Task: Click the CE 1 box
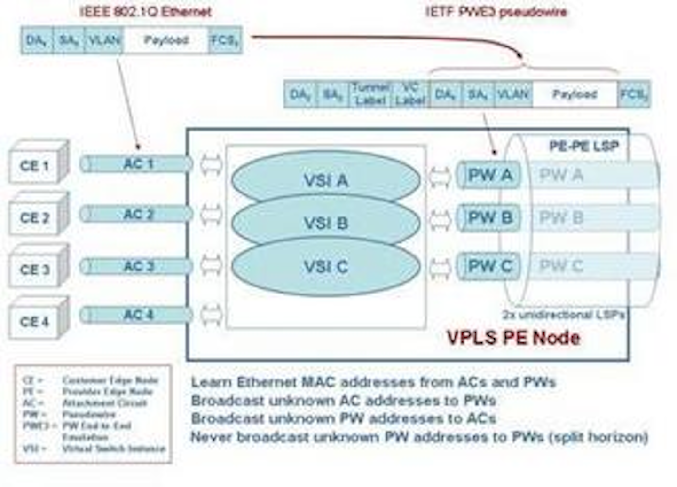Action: [x=35, y=165]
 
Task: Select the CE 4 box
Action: [x=35, y=321]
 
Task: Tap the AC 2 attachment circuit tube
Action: [x=136, y=215]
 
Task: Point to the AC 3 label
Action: [x=139, y=266]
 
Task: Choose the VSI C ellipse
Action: [x=325, y=267]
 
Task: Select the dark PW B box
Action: [x=489, y=218]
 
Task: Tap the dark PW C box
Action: [x=489, y=266]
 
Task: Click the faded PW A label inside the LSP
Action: [x=561, y=175]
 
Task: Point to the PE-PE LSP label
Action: [x=583, y=146]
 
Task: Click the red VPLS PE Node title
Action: [x=513, y=338]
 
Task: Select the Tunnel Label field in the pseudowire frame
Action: [x=370, y=94]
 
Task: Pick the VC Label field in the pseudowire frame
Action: [x=410, y=94]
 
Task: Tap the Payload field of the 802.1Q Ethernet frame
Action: [x=166, y=40]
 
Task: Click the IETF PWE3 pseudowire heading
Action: [x=496, y=12]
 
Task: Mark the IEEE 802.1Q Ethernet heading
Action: [x=145, y=12]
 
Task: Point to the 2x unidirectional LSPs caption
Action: [x=563, y=315]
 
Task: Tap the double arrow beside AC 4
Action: [x=211, y=315]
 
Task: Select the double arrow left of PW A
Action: [x=440, y=176]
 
